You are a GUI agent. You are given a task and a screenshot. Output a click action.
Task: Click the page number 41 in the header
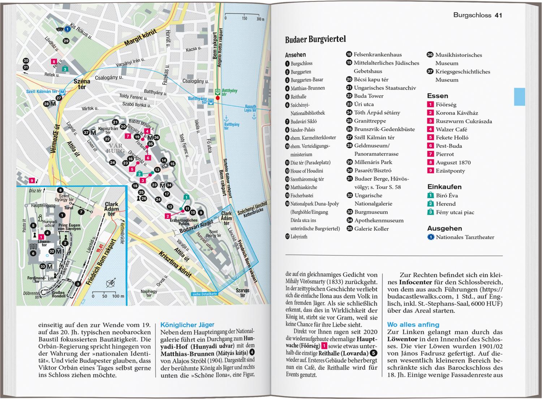(x=498, y=15)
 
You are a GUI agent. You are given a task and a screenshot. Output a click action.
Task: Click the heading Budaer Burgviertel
(x=315, y=39)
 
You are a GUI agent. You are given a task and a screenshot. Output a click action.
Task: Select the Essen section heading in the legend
(x=437, y=96)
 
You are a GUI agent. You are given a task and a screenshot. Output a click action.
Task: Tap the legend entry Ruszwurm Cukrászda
(x=464, y=121)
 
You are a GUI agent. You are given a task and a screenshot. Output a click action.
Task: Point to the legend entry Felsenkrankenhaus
(x=377, y=55)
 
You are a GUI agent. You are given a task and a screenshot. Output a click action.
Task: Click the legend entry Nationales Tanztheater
(x=465, y=237)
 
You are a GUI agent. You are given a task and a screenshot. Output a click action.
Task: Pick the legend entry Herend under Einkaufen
(x=446, y=204)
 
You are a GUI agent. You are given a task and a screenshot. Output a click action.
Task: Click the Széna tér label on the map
(x=82, y=84)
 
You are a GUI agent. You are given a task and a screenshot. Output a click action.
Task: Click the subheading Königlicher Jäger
(x=187, y=325)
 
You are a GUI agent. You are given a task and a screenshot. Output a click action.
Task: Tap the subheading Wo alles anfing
(x=413, y=325)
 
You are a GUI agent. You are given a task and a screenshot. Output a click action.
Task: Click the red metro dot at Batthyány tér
(x=218, y=98)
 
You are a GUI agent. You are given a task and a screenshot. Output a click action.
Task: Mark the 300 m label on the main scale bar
(x=260, y=19)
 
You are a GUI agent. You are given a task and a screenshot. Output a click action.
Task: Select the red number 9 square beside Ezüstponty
(x=430, y=171)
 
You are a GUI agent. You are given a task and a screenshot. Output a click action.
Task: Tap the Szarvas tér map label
(x=242, y=292)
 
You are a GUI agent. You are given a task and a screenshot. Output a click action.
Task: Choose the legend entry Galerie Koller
(x=371, y=229)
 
